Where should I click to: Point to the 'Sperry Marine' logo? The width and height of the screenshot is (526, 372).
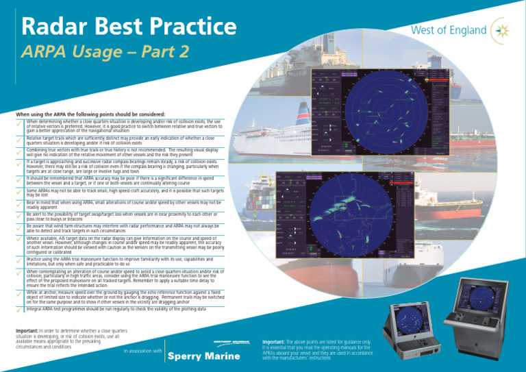click(205, 356)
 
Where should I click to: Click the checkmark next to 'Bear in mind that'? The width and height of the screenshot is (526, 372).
click(9, 205)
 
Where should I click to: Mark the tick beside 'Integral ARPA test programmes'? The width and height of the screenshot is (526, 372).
click(9, 311)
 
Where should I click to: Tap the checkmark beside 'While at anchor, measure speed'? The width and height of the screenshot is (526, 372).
click(9, 297)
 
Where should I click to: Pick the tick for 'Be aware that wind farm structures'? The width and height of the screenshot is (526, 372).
click(9, 228)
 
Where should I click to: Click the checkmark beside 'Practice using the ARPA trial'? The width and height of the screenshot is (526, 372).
click(9, 263)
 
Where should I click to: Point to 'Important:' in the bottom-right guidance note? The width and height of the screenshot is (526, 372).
click(277, 340)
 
